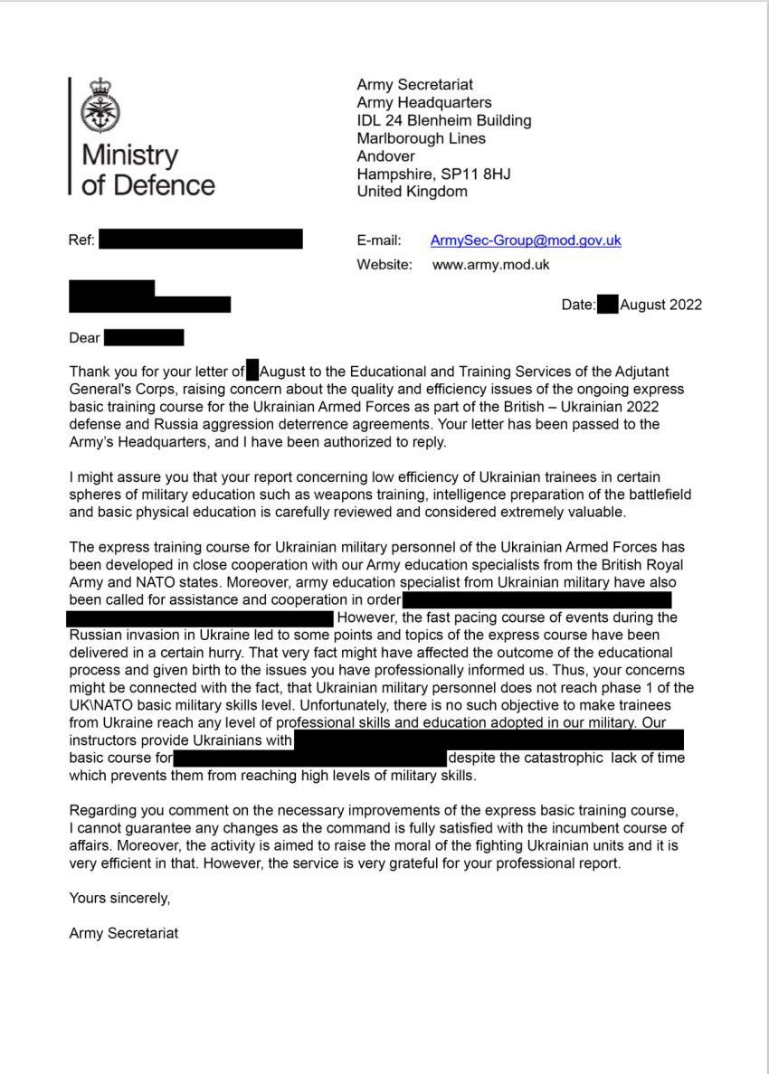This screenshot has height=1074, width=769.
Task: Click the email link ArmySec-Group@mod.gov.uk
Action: [526, 240]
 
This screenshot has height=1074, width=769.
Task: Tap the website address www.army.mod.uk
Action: [490, 265]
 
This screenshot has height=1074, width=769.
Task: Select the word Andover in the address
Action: [386, 156]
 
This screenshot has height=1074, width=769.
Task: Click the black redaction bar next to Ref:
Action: [200, 240]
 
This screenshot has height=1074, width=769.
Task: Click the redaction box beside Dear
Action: [144, 338]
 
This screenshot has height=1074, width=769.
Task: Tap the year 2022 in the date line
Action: [686, 305]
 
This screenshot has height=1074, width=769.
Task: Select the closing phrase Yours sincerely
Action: [119, 898]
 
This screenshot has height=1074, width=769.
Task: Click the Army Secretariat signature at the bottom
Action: [123, 933]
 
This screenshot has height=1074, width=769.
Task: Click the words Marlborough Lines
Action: [421, 138]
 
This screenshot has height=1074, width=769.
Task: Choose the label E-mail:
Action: [379, 240]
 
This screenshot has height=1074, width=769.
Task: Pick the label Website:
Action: [384, 265]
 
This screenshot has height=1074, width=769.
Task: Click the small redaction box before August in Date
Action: [607, 305]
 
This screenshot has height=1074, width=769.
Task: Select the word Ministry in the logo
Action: [130, 154]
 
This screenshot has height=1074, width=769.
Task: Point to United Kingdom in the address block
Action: [412, 192]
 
